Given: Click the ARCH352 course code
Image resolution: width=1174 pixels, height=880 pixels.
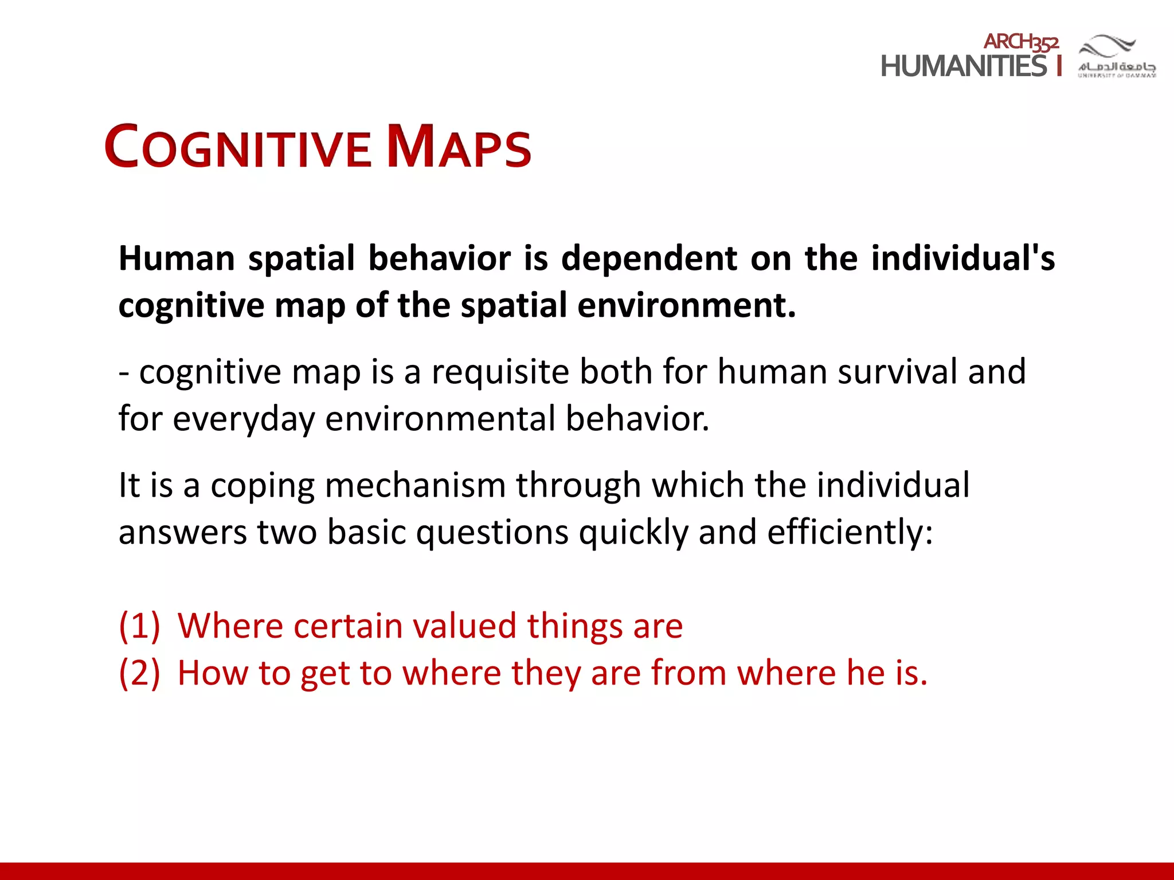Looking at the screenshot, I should [1021, 42].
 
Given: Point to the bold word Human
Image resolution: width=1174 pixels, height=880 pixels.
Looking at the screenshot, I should [177, 258].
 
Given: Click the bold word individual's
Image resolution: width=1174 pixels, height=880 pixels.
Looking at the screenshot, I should [962, 258].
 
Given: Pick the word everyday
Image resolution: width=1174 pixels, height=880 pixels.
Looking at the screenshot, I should [244, 419].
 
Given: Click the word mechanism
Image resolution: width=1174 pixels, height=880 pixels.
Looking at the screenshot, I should [415, 485].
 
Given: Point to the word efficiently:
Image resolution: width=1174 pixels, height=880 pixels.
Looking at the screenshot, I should [850, 532].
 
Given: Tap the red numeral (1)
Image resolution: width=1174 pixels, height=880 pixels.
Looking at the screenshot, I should [139, 626].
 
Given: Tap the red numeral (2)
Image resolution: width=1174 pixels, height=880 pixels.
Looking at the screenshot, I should [139, 673].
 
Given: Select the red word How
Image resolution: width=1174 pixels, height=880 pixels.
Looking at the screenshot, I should [212, 673].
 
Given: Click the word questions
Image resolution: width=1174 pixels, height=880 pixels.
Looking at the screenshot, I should [492, 532].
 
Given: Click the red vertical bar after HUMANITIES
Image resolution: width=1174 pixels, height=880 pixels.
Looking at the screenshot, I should [1059, 65].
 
